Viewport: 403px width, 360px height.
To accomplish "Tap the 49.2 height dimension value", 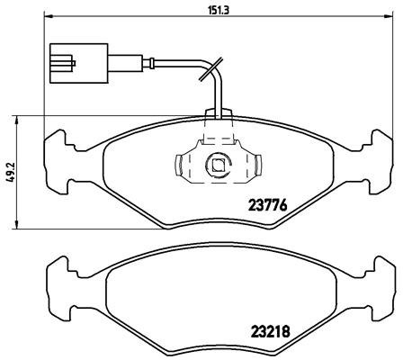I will tap(8, 172).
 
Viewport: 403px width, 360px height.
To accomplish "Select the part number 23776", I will tap(267, 204).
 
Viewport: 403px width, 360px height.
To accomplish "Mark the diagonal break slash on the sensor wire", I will tap(211, 68).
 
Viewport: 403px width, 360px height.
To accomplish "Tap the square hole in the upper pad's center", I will tap(217, 165).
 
